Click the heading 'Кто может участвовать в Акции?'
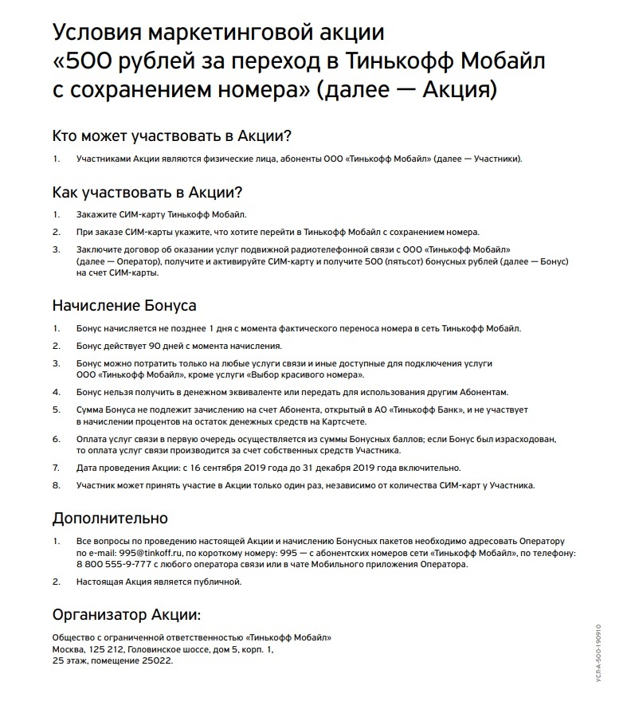172,135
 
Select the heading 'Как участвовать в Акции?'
147,192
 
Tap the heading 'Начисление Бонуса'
123,305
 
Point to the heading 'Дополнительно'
110,518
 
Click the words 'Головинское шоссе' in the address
167,649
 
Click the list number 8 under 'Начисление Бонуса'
56,484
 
